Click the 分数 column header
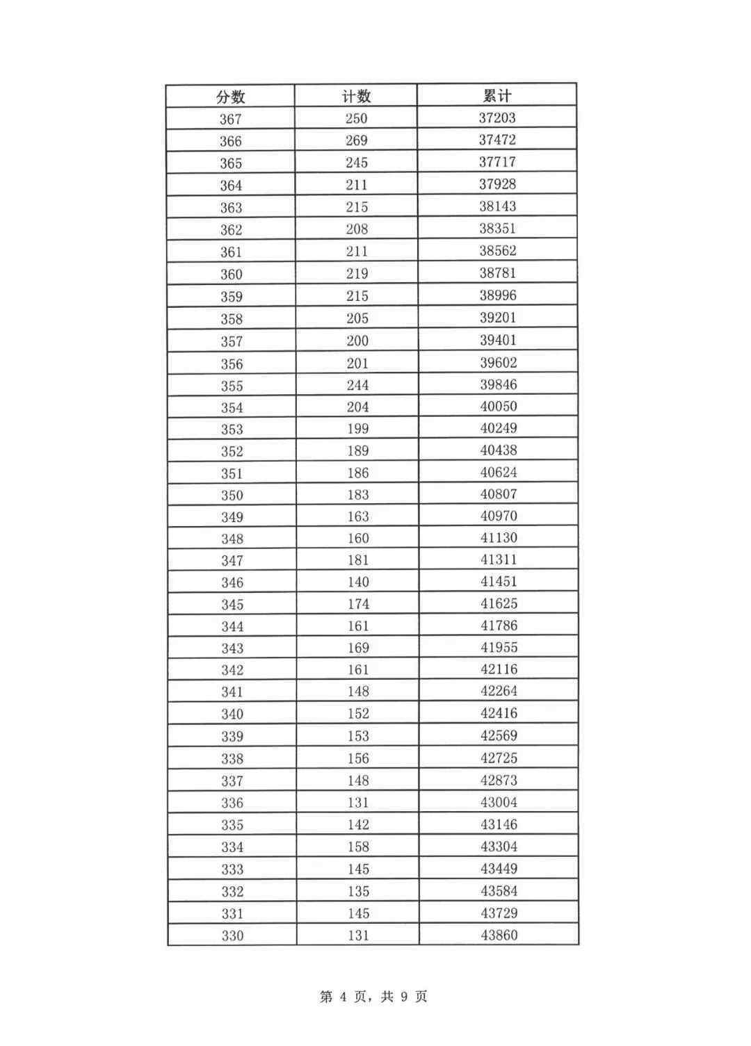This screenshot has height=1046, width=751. (x=231, y=97)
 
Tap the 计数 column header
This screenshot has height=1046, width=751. (x=356, y=97)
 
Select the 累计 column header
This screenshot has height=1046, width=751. (x=497, y=95)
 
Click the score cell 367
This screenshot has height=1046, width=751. (x=231, y=119)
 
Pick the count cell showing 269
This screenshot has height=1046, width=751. (x=356, y=140)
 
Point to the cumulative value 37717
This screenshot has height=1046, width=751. (x=497, y=162)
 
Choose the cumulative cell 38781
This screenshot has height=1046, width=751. (x=497, y=273)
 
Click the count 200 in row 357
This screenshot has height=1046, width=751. (x=357, y=341)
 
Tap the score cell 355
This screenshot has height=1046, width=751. (x=232, y=386)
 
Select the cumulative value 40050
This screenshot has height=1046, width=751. (x=498, y=406)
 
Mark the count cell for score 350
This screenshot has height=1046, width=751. (x=357, y=494)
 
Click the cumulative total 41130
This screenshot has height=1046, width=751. (x=499, y=537)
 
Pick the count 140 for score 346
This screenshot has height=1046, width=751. (x=357, y=582)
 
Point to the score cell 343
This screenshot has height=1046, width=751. (x=232, y=648)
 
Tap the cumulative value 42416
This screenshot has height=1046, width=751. (x=499, y=712)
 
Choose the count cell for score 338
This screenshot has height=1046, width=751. (x=358, y=758)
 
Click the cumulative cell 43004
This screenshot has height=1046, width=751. (x=499, y=802)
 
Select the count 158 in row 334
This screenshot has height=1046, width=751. (x=358, y=847)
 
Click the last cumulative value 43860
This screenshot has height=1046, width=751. (x=499, y=935)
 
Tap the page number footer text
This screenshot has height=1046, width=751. (x=373, y=997)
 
